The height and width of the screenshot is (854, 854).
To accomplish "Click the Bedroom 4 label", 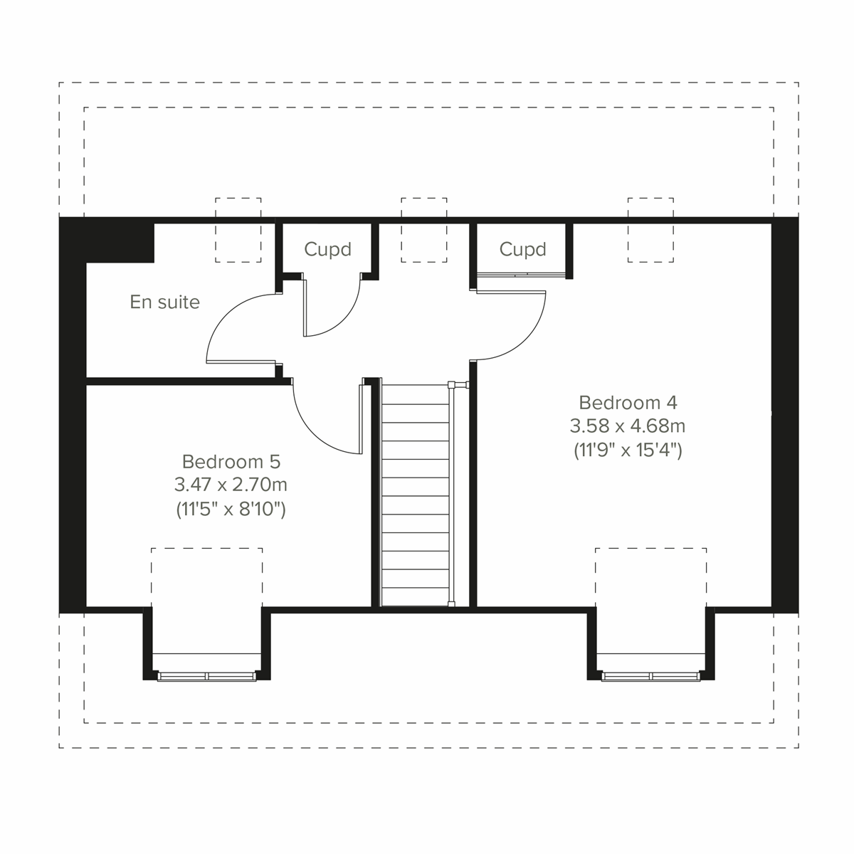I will [628, 403].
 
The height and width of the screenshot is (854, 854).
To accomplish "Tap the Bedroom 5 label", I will [231, 461].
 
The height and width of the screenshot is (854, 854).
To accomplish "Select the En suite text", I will [164, 302].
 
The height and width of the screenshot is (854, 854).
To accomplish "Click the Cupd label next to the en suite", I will [327, 250].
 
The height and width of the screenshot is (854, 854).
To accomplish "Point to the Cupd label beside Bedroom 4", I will [522, 250].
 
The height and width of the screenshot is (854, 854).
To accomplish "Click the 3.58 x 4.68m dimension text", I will [628, 426].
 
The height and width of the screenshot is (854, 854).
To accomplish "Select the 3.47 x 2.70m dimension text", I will [231, 485].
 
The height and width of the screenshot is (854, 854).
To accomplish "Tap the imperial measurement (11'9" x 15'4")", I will [628, 450].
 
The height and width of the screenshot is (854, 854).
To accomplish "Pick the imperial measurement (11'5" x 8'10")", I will [231, 510].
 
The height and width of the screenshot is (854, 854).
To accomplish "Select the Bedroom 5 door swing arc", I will [320, 427].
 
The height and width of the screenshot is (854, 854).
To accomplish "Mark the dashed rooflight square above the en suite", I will [238, 230].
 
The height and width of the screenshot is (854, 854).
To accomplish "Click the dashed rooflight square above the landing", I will [424, 230].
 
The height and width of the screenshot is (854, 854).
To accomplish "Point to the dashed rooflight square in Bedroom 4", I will [650, 230].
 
